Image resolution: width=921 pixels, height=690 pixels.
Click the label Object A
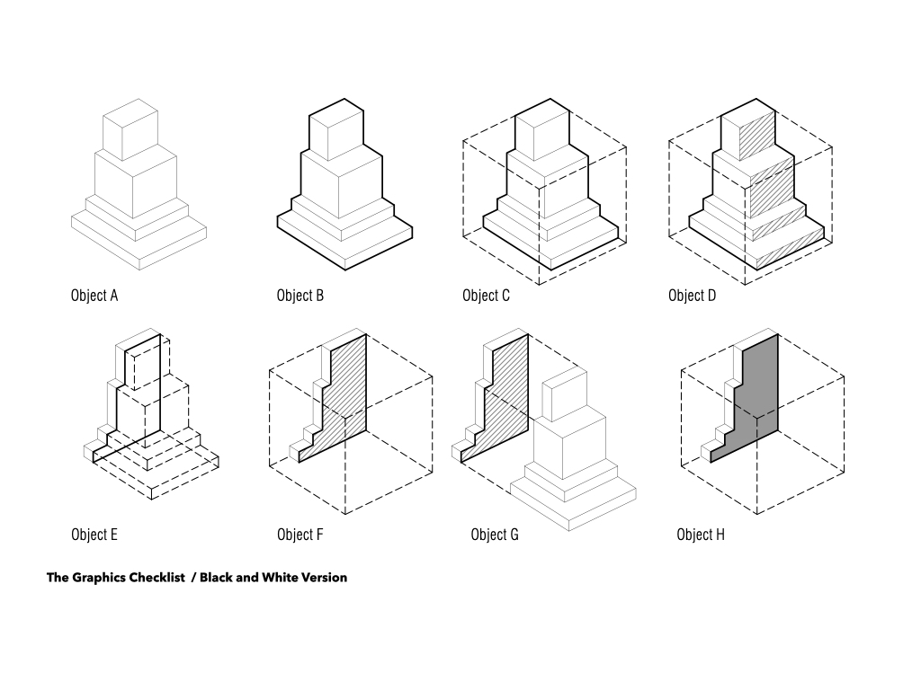point(94,295)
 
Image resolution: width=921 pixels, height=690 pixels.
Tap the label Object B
point(300,295)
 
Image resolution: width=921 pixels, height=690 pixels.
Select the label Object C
point(486,295)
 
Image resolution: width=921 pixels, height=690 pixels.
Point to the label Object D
point(692,295)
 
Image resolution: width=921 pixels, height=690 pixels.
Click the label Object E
point(94,535)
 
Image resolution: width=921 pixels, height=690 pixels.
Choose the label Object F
point(300,535)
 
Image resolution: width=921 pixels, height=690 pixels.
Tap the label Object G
point(495,535)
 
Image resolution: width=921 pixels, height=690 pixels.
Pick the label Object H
point(700,535)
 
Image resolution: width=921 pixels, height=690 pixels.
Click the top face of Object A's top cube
point(130,112)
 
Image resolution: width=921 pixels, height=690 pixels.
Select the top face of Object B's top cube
point(336,112)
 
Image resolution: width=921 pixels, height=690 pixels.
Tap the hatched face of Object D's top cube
point(757,135)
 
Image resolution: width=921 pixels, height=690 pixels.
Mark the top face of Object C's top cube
point(542,112)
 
